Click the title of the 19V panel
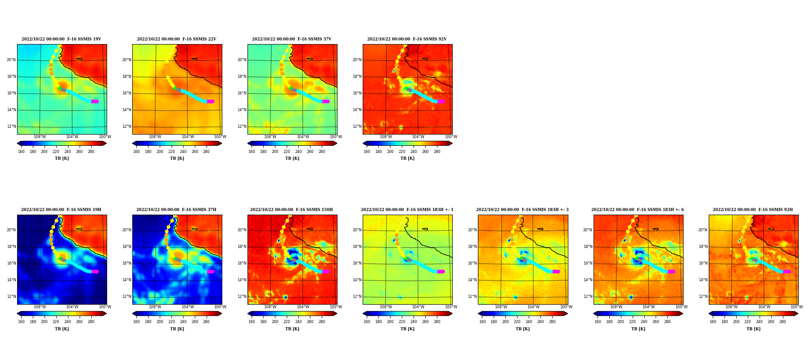61,39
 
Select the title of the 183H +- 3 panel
522,210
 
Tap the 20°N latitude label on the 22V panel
127,60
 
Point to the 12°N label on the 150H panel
242,297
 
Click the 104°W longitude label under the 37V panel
303,137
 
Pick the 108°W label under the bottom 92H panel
731,307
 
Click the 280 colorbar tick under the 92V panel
437,152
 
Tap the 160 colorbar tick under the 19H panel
21,322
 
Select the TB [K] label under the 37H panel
177,329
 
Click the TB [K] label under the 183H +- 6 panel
638,329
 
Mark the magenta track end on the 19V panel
95,101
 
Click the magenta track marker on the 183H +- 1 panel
441,271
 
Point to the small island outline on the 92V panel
425,58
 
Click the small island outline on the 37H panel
194,229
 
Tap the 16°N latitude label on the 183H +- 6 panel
588,263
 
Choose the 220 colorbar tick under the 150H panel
287,322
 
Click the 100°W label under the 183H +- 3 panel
566,307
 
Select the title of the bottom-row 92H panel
753,210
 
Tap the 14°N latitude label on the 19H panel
12,280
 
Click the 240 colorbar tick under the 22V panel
183,152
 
